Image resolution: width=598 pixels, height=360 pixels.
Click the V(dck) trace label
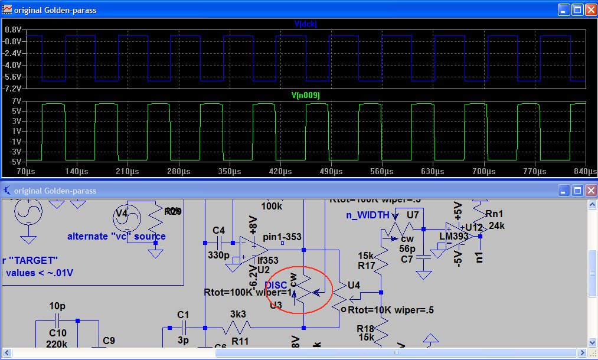tap(306, 24)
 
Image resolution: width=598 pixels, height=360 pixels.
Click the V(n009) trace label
tap(306, 94)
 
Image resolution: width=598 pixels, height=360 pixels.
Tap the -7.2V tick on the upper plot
tap(13, 88)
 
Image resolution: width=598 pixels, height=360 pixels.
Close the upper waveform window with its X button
tap(590, 9)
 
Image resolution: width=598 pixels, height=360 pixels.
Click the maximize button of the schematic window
tap(577, 190)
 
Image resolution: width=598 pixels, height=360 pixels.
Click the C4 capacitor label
tap(218, 230)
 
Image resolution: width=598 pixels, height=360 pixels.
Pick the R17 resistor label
tap(367, 266)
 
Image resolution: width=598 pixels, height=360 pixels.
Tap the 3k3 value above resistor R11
tap(238, 315)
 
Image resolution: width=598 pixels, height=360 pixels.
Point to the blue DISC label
tap(276, 286)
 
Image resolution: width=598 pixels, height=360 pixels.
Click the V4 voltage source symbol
tap(129, 219)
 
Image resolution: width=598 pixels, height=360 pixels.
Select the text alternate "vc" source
tap(116, 236)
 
